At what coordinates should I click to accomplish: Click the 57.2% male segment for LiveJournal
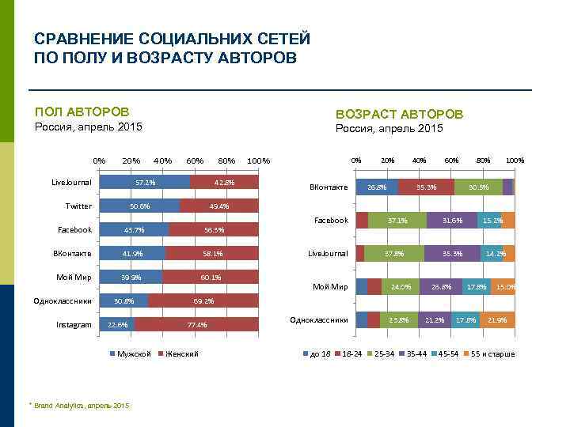coord(145,182)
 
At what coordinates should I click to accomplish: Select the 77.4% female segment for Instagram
coord(197,324)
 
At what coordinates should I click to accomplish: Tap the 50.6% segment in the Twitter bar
coord(139,206)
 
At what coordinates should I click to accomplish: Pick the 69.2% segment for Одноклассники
coord(203,300)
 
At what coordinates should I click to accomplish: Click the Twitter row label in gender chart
coord(78,206)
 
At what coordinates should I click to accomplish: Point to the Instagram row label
coord(74,324)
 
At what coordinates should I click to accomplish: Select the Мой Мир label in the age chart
coord(330,286)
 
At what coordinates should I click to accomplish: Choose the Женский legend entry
coord(180,353)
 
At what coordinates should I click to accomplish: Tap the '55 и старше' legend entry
coord(488,353)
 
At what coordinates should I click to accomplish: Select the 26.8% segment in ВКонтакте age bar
coord(378,187)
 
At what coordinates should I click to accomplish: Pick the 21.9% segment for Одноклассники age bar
coord(498,319)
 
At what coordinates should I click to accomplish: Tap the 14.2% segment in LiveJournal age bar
coord(496,253)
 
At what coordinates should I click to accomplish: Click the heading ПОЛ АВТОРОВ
coord(82,112)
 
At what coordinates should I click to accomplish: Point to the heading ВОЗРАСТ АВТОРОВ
coord(399,114)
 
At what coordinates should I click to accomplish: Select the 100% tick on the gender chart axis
coord(258,161)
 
